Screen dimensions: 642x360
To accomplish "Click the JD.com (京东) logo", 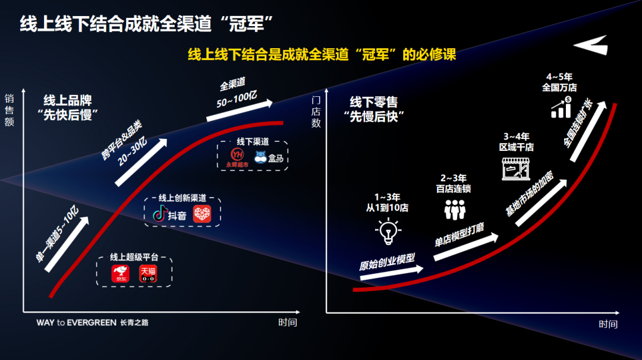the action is pyautogui.click(x=120, y=274).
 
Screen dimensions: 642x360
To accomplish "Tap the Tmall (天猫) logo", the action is pyautogui.click(x=148, y=274).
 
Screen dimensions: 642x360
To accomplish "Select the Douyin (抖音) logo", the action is pyautogui.click(x=169, y=214).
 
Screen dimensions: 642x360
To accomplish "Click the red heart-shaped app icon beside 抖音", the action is pyautogui.click(x=202, y=213).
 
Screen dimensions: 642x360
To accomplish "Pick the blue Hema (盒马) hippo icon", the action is pyautogui.click(x=260, y=157).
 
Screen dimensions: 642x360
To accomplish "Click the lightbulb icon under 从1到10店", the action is pyautogui.click(x=388, y=231).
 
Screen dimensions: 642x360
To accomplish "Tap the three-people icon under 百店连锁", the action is pyautogui.click(x=455, y=210).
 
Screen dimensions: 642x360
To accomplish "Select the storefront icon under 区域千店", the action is pyautogui.click(x=516, y=169).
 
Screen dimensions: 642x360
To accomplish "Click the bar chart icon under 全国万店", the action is pyautogui.click(x=561, y=107).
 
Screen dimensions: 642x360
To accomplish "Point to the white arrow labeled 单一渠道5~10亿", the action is pyautogui.click(x=67, y=244).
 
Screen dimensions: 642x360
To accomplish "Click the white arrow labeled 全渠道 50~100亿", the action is pyautogui.click(x=240, y=110).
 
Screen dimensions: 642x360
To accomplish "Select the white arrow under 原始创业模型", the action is pyautogui.click(x=392, y=273).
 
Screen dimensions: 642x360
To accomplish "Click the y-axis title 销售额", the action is pyautogui.click(x=10, y=110).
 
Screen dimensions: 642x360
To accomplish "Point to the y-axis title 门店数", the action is pyautogui.click(x=316, y=112).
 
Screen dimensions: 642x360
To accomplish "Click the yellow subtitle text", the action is pyautogui.click(x=322, y=54).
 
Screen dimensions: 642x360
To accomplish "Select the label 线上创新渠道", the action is pyautogui.click(x=182, y=198).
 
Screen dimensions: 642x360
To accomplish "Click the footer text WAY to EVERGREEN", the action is pyautogui.click(x=77, y=323).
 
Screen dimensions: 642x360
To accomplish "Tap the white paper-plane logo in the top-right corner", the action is pyautogui.click(x=592, y=45).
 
